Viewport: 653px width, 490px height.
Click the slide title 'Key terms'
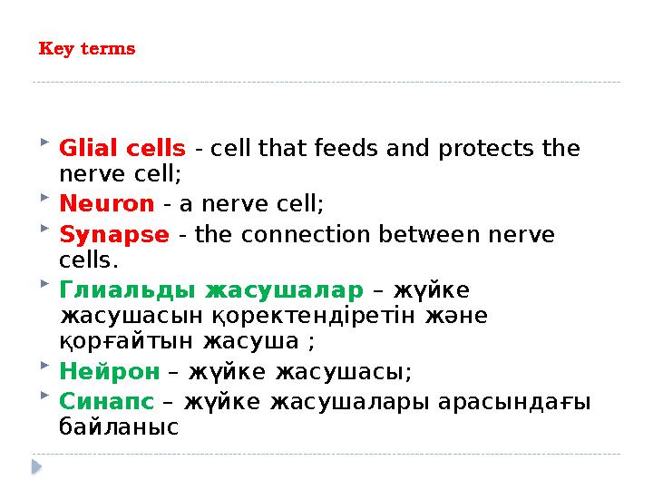tap(87, 49)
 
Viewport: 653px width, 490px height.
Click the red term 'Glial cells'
tap(122, 148)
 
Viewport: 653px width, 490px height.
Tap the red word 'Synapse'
tap(113, 235)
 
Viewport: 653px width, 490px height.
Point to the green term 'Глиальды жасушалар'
tap(210, 290)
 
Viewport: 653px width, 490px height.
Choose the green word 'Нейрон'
tap(109, 372)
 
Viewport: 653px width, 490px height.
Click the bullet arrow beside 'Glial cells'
tap(46, 143)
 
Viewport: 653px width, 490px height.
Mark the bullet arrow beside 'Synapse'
tap(46, 230)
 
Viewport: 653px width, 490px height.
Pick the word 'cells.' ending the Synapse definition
tap(89, 260)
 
